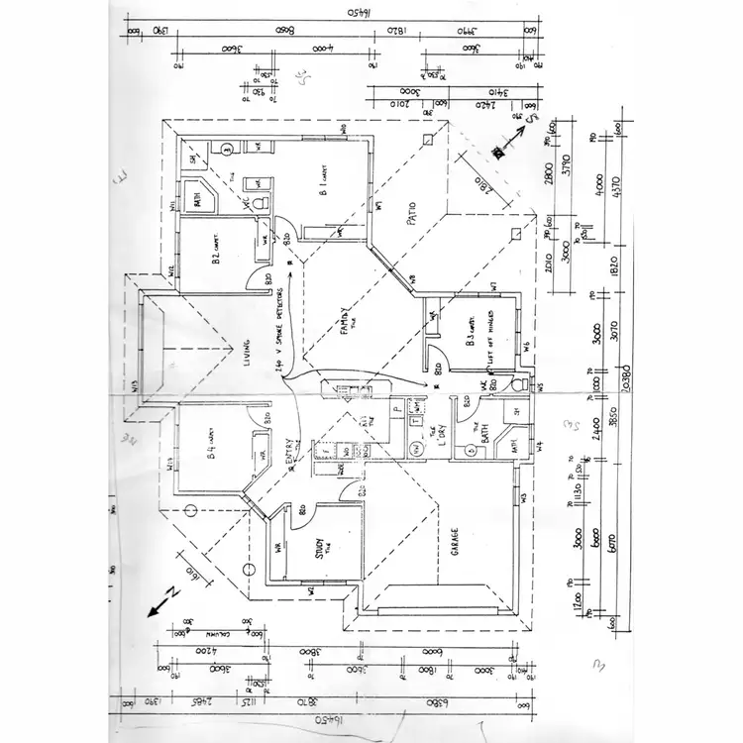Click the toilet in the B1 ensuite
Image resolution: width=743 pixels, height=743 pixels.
pyautogui.click(x=263, y=202)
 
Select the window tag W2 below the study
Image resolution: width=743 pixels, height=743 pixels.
pyautogui.click(x=310, y=591)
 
